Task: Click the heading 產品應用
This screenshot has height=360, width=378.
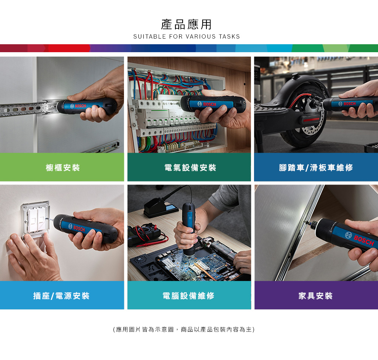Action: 186,25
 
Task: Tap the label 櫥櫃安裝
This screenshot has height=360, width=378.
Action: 63,168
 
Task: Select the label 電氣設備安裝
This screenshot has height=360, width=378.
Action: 190,168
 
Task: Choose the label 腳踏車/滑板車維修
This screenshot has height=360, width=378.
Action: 316,168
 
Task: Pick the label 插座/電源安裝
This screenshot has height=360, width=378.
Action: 61,296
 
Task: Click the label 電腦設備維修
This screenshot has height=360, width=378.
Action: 189,296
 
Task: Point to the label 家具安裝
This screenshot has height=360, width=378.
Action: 316,296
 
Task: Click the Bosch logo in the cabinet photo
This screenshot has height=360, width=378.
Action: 78,106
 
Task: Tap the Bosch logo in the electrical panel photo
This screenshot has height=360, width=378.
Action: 207,104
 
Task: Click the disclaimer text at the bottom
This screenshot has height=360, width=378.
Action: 184,329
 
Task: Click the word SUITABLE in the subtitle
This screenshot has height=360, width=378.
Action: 150,36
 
